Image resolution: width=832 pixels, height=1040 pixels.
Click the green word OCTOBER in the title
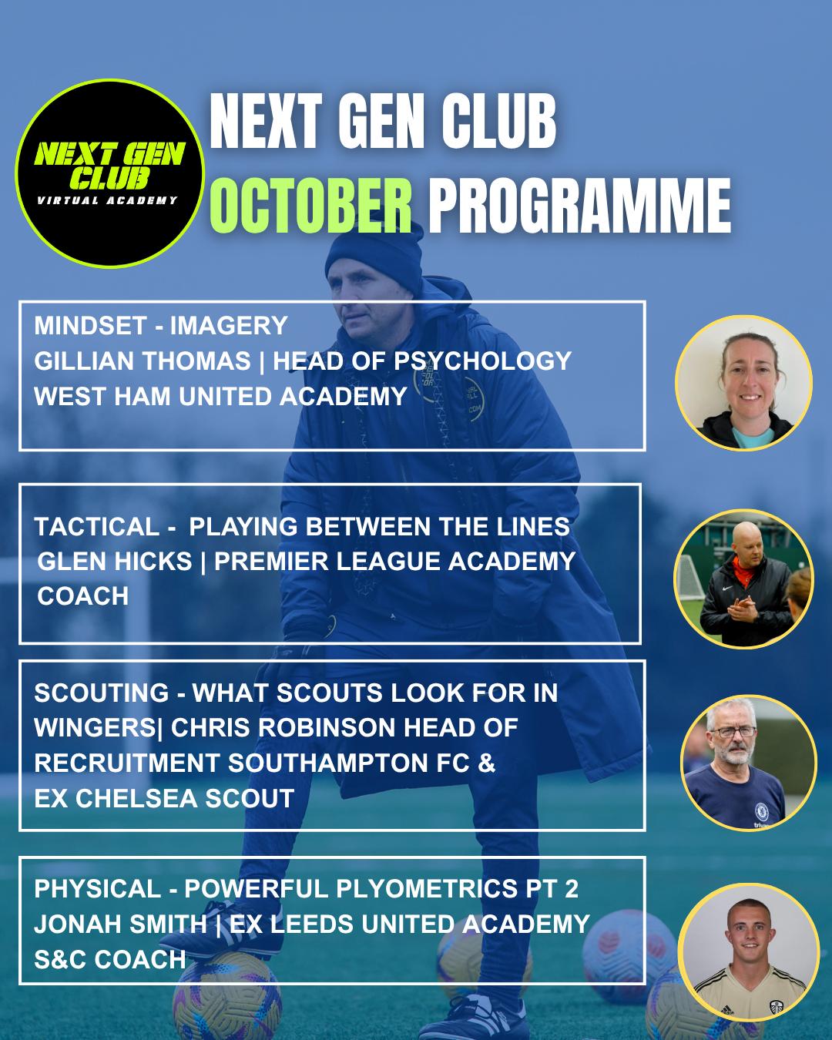(310, 206)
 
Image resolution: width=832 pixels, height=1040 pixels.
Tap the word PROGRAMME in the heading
(579, 206)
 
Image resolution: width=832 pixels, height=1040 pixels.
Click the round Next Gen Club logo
(109, 173)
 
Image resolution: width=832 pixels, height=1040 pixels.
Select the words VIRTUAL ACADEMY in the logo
(107, 200)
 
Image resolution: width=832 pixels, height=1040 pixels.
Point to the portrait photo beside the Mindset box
(743, 383)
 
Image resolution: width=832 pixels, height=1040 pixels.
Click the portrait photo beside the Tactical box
(743, 579)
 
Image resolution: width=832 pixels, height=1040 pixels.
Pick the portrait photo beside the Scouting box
(748, 763)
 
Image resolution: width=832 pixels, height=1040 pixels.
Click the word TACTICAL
(97, 526)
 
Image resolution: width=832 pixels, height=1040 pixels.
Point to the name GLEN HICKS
(115, 561)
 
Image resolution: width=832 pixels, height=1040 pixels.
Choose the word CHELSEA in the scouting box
(137, 798)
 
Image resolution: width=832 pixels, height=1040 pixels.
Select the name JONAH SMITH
(120, 924)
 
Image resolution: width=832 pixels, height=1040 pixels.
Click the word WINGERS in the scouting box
(95, 727)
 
